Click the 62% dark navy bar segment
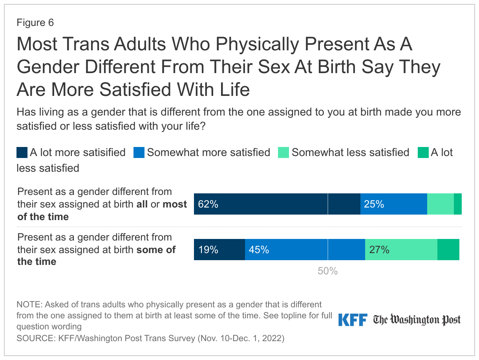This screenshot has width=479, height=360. (x=277, y=204)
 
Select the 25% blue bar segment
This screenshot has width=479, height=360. (x=393, y=204)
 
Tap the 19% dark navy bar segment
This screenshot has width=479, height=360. (x=219, y=250)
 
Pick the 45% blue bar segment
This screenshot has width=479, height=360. (x=305, y=250)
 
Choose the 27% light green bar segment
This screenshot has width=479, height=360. (x=401, y=250)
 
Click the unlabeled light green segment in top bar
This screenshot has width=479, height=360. (x=440, y=204)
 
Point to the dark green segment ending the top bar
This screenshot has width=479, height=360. (x=457, y=204)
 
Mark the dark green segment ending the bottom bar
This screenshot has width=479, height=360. (x=448, y=250)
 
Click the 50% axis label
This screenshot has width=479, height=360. (x=327, y=271)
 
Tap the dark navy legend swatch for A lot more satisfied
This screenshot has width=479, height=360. (x=22, y=152)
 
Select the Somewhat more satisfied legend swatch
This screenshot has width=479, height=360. (x=139, y=152)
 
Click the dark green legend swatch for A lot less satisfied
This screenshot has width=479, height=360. (x=423, y=152)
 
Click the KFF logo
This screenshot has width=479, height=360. (x=352, y=320)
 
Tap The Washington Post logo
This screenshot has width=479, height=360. (x=417, y=320)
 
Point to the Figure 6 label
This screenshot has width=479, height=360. (x=35, y=23)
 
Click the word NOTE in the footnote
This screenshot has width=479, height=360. (x=28, y=305)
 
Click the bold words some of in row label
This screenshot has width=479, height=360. (x=156, y=250)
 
